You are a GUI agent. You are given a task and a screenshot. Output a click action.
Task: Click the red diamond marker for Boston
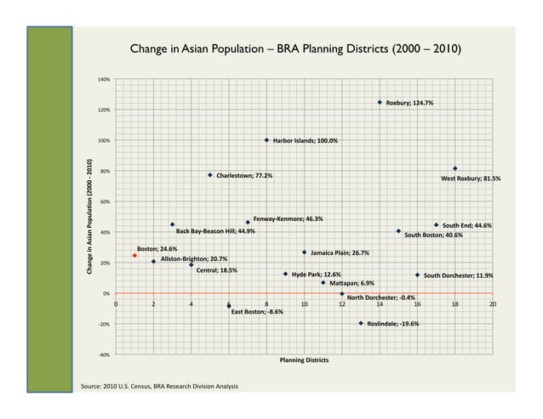pos(134,255)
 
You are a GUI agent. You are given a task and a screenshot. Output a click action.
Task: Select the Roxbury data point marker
pos(380,102)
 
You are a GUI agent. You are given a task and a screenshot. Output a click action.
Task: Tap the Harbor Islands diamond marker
pos(266,140)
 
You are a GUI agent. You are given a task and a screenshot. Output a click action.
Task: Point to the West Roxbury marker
pos(455,168)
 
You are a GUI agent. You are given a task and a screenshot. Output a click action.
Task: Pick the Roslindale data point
pos(361,323)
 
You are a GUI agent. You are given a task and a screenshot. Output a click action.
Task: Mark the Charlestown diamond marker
pos(210,175)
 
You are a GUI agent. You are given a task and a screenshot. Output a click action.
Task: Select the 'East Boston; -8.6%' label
pos(257,312)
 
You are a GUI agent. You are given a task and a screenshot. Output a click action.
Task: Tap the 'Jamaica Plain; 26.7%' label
pos(340,253)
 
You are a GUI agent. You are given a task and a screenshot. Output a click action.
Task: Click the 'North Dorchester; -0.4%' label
pos(380,298)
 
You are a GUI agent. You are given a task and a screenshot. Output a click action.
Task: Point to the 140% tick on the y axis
pos(104,79)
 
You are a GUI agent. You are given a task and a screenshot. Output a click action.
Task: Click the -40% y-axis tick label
pos(104,355)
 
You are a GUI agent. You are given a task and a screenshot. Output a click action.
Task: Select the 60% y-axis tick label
pos(104,202)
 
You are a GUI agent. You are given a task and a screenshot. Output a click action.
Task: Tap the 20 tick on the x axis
pos(493,303)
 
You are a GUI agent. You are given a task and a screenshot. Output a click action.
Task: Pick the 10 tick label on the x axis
pos(304,303)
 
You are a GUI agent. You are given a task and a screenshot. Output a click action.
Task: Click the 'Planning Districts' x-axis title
pos(304,360)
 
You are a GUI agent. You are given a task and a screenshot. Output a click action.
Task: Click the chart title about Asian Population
pos(296,50)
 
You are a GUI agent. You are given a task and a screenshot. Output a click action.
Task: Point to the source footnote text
pos(159,388)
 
